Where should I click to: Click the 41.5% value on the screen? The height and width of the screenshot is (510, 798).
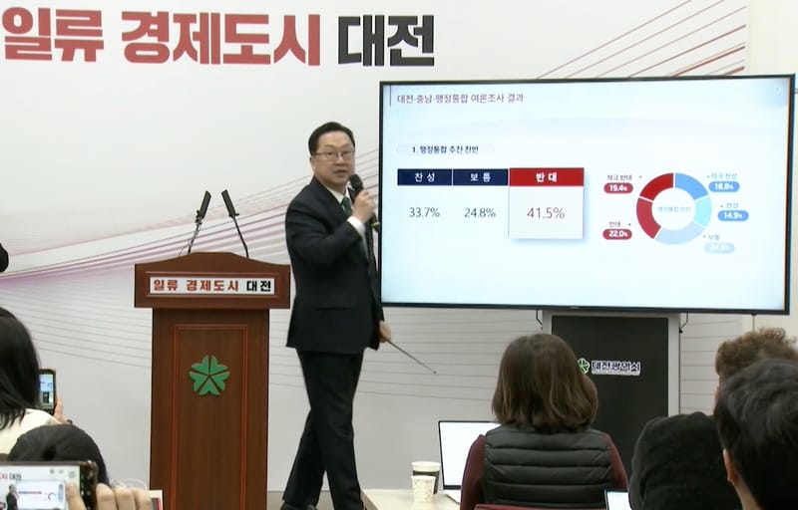546,213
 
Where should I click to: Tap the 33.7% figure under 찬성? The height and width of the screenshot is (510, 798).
424,212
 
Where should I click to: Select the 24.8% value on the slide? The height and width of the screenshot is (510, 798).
479,212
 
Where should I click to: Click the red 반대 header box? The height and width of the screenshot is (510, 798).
546,177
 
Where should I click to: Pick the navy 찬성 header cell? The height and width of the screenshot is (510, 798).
424,177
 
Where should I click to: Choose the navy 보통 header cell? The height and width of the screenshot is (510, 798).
480,177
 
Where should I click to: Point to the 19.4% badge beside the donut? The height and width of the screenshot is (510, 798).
618,187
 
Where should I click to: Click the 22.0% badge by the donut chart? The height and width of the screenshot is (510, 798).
616,234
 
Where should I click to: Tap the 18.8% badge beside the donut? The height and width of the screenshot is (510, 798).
724,186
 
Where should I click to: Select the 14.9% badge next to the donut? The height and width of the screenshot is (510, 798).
732,215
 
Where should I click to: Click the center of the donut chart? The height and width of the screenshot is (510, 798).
674,208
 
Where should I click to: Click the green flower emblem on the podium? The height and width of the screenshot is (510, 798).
209,376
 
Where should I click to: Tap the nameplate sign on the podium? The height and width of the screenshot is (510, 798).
211,286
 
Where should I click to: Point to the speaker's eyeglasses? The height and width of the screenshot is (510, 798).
334,153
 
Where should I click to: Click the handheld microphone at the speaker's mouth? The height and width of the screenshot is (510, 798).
357,186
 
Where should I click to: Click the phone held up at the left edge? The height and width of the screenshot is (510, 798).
47,389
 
